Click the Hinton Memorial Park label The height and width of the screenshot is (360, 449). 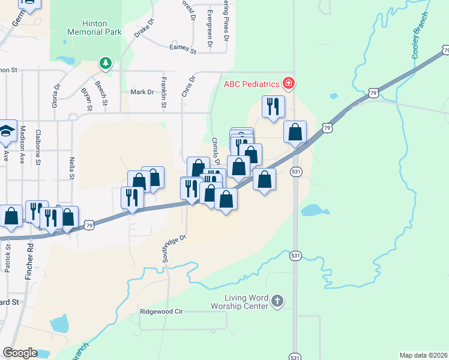click(94, 28)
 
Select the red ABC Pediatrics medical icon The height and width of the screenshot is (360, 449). click(289, 83)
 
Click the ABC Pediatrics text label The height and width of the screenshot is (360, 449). click(252, 84)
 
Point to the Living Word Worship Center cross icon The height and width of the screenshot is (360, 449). click(277, 301)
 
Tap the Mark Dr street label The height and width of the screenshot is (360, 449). click(142, 92)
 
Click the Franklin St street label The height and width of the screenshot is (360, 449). click(163, 92)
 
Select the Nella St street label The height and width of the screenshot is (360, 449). click(71, 168)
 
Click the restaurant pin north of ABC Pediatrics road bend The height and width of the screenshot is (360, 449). click(273, 107)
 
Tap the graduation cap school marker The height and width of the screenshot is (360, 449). click(6, 132)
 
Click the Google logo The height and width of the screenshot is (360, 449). click(20, 353)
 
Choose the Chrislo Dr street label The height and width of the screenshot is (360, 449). click(216, 150)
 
